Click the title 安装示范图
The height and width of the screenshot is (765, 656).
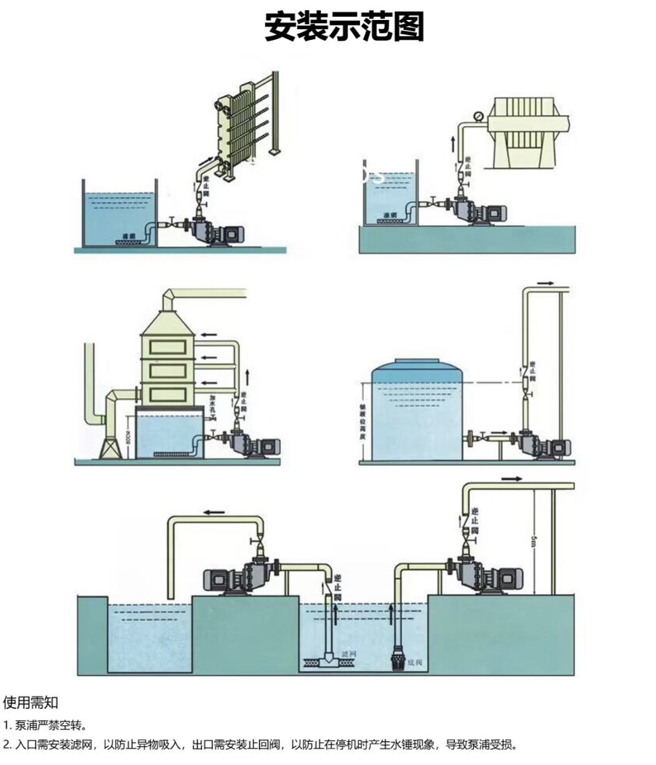(x=344, y=27)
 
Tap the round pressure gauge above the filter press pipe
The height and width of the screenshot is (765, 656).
(x=478, y=116)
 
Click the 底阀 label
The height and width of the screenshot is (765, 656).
(x=414, y=662)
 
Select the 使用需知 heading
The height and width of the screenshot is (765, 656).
(x=31, y=703)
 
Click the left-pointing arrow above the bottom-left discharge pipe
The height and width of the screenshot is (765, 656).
(x=213, y=512)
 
